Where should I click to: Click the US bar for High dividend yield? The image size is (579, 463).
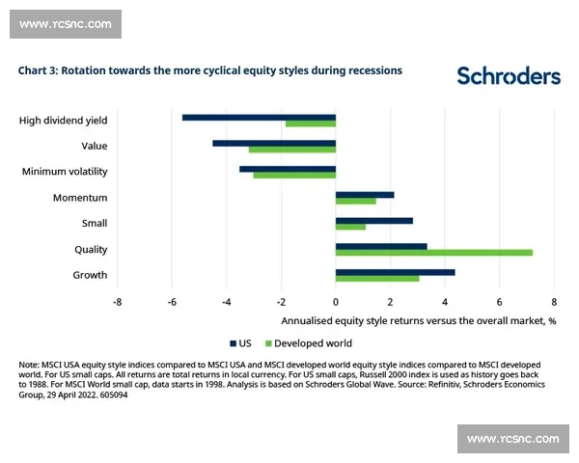tap(259, 117)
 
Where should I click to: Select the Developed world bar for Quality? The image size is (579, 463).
tap(433, 253)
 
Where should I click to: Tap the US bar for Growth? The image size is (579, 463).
tap(395, 272)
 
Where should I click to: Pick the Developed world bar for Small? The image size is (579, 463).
tap(350, 227)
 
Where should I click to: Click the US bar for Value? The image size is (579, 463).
tap(274, 143)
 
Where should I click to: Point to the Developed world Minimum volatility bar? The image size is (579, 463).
tap(294, 175)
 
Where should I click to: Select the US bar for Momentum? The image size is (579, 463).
tap(365, 195)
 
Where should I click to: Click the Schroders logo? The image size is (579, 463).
tap(508, 76)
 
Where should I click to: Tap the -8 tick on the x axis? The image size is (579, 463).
tap(117, 301)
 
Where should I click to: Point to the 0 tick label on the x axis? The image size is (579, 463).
tap(336, 301)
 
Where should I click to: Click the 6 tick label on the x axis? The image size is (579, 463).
tap(499, 301)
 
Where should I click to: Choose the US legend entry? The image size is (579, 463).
tap(241, 342)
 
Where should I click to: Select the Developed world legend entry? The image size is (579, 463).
tap(308, 342)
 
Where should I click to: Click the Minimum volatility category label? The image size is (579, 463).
tap(65, 172)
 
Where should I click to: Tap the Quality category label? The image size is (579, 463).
tap(92, 249)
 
